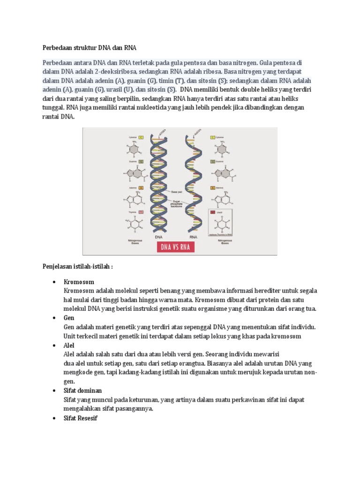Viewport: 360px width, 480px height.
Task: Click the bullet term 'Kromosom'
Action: [79, 282]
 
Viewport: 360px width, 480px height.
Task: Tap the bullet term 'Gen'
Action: [69, 318]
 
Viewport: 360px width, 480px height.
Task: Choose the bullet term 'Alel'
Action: [69, 345]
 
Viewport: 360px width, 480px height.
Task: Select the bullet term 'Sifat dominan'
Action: [82, 390]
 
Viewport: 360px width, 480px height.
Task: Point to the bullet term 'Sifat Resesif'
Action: [80, 418]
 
